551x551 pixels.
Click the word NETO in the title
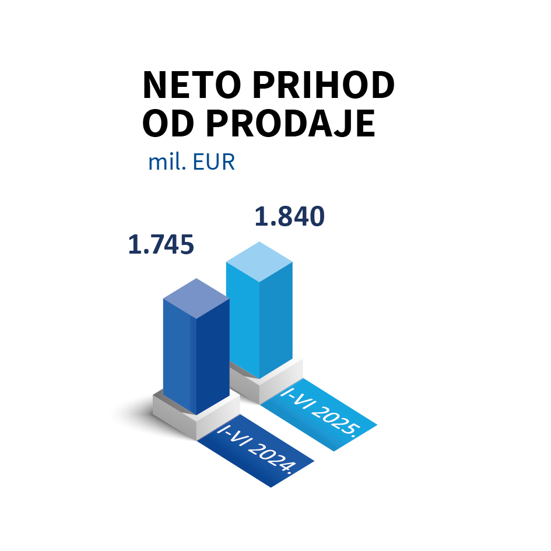192,85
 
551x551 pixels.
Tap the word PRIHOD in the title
324,85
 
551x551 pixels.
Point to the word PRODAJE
290,124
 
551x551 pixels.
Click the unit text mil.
167,162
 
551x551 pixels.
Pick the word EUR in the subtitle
213,162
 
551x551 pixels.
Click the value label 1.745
161,244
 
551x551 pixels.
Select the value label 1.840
290,216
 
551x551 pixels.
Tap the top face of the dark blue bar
196,299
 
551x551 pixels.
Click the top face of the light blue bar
259,262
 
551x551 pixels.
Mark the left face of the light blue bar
243,320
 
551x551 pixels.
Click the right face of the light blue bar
276,320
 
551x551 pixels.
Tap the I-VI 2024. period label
255,450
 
